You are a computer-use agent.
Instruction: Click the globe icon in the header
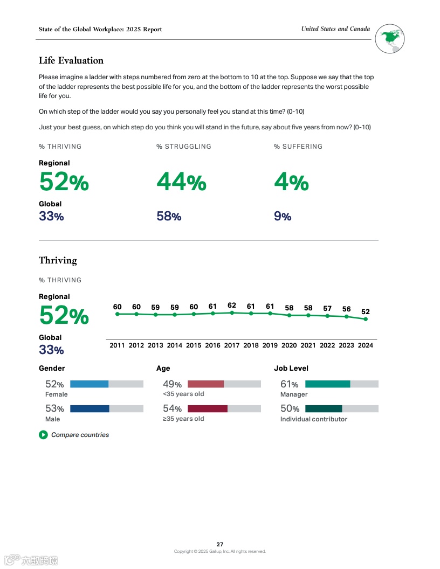click(390, 39)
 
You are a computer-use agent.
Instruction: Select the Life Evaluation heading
click(71, 60)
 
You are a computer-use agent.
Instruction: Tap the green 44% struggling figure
click(181, 182)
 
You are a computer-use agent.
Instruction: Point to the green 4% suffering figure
click(291, 182)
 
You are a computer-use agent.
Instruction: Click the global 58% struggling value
click(169, 217)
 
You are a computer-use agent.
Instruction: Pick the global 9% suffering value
click(283, 217)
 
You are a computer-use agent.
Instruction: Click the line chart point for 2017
click(232, 313)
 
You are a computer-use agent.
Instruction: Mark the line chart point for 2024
click(366, 319)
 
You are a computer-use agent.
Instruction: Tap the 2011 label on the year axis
click(117, 345)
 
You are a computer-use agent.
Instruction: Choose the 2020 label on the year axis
click(289, 345)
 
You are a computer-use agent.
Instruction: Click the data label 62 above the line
click(232, 306)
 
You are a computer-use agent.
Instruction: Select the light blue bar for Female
click(90, 384)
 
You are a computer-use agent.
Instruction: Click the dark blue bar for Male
click(90, 409)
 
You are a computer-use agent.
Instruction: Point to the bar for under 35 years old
click(205, 384)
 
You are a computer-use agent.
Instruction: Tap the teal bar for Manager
click(327, 384)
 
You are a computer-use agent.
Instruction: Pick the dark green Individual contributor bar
click(324, 409)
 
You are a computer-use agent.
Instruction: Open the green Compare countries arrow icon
click(43, 435)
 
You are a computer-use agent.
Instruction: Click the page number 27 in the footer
click(220, 544)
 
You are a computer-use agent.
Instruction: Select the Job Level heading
click(291, 369)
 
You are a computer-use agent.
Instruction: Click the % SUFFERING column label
click(298, 147)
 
